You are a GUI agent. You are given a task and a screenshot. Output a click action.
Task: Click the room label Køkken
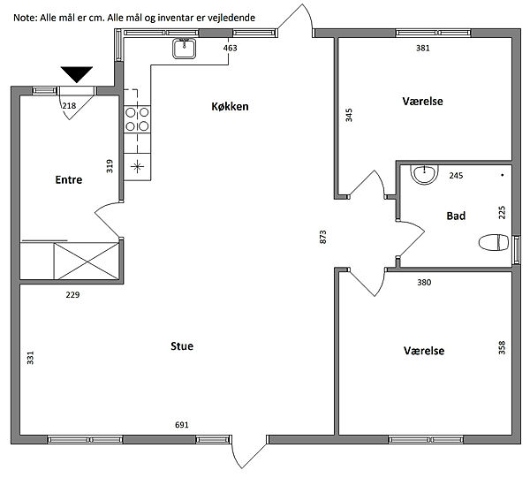230,107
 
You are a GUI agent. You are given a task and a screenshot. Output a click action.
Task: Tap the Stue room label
182,346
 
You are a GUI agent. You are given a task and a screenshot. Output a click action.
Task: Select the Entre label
69,179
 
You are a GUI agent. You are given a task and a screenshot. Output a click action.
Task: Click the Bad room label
456,216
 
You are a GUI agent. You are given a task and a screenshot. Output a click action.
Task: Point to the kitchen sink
185,49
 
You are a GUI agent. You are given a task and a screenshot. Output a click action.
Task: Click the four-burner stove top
137,119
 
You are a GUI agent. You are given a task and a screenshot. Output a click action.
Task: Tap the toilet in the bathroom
494,242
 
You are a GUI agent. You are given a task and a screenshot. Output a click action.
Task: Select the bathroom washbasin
424,174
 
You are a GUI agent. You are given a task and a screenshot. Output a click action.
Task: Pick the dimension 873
323,237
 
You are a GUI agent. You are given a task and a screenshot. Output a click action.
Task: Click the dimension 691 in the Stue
181,425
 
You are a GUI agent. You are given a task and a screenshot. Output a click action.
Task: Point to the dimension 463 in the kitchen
231,48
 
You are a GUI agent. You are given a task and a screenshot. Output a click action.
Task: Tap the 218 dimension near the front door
69,106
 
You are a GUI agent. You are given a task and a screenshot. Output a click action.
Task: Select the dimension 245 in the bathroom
456,176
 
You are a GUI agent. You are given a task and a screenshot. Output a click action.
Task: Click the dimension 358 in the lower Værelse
502,347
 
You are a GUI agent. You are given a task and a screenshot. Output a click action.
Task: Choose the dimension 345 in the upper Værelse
349,115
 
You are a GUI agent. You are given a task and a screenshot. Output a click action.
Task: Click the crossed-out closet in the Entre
87,261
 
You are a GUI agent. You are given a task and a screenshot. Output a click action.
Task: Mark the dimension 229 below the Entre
72,295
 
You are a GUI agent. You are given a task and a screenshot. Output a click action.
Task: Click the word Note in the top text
25,18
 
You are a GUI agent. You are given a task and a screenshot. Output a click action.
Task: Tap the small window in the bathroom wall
517,250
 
